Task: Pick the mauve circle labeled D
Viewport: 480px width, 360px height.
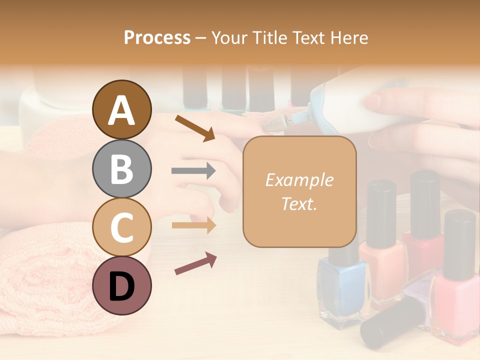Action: click(121, 285)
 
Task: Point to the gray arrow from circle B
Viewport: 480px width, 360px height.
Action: click(193, 171)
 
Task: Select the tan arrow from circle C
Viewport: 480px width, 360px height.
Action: click(193, 225)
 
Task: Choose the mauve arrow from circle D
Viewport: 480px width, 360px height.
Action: click(195, 263)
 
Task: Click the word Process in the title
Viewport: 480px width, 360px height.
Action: click(157, 37)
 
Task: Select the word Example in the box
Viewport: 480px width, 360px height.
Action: click(299, 180)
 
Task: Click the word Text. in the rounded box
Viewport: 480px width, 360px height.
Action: click(299, 203)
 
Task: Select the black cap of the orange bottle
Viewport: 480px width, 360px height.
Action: click(381, 212)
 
